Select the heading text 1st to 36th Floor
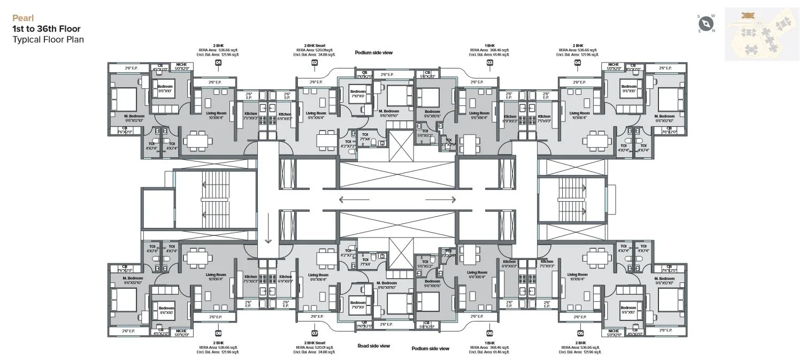click(47, 28)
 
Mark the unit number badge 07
click(315, 332)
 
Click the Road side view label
click(374, 346)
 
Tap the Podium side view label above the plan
click(374, 52)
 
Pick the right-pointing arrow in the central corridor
click(441, 201)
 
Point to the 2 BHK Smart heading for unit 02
click(315, 46)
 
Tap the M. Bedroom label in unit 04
click(665, 116)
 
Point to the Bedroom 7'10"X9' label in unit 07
click(357, 304)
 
